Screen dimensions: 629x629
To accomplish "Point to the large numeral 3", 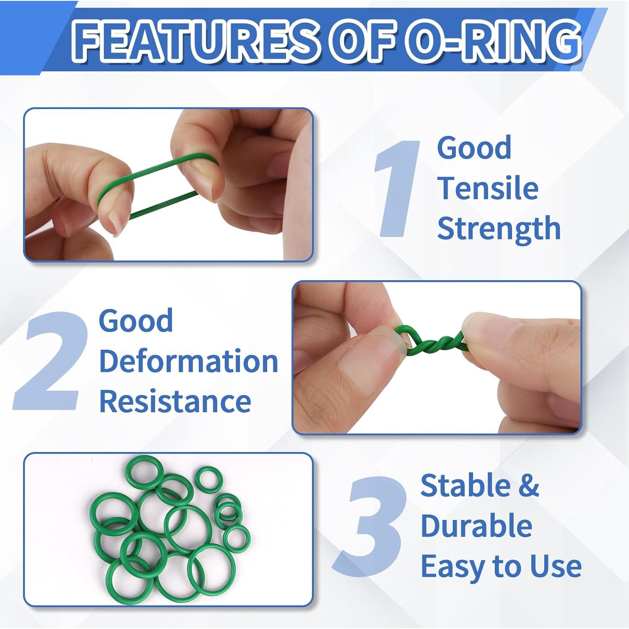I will (x=371, y=526).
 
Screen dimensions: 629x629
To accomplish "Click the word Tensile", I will (x=488, y=188).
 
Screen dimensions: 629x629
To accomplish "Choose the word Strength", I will (x=499, y=229).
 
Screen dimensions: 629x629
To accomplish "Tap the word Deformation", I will (x=188, y=361).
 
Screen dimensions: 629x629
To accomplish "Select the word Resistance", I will (x=175, y=401).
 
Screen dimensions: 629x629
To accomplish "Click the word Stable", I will (x=465, y=486).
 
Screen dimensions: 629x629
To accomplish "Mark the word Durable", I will (x=476, y=526).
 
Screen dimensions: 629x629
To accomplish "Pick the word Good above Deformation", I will (x=135, y=321).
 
